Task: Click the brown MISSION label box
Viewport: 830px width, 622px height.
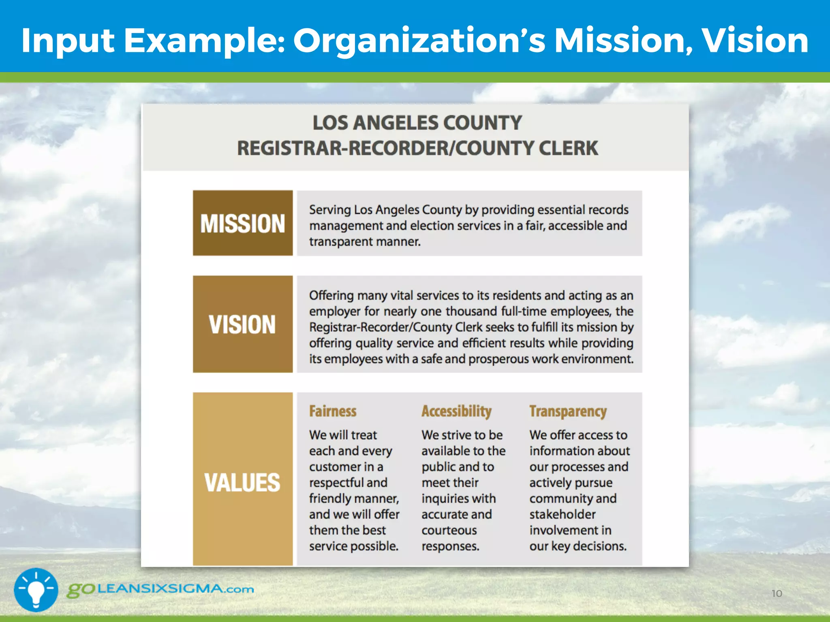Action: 242,223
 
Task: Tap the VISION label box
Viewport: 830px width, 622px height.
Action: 242,324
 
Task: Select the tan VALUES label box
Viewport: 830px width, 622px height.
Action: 242,479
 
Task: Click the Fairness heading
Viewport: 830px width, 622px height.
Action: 333,411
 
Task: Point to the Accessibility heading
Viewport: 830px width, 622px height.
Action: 456,411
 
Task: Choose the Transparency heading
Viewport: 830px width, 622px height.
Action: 568,411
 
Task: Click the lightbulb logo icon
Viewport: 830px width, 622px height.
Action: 36,590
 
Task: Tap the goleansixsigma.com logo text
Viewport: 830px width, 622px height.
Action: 160,589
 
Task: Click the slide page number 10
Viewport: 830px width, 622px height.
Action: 777,594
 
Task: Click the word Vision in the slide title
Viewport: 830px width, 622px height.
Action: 755,40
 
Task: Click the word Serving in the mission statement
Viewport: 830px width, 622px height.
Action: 330,210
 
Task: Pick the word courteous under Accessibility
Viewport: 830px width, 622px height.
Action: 449,530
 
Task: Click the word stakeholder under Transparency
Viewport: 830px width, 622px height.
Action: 563,514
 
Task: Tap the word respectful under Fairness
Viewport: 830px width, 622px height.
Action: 348,483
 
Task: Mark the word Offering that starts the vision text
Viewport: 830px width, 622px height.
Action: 331,296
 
